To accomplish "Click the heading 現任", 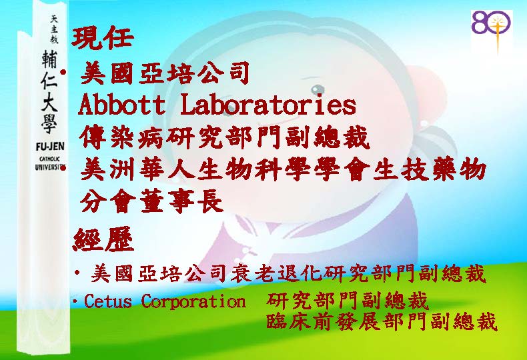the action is [103, 37].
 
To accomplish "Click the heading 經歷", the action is [103, 240].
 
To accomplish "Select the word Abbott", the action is [121, 105].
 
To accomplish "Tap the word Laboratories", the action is [268, 105].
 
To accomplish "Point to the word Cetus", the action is [108, 301].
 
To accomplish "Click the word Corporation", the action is [193, 301].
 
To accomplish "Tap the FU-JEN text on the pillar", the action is [50, 147].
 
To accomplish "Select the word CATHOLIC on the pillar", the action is [50, 159].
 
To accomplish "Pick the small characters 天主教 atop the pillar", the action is [54, 29].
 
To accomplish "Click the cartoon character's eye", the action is [318, 89].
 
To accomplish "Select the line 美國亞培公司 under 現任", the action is [165, 73].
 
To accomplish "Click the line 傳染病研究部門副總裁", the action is [225, 138].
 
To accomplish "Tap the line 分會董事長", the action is [151, 201].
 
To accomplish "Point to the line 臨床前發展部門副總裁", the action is [382, 321].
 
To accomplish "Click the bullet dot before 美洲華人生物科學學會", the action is [63, 167].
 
